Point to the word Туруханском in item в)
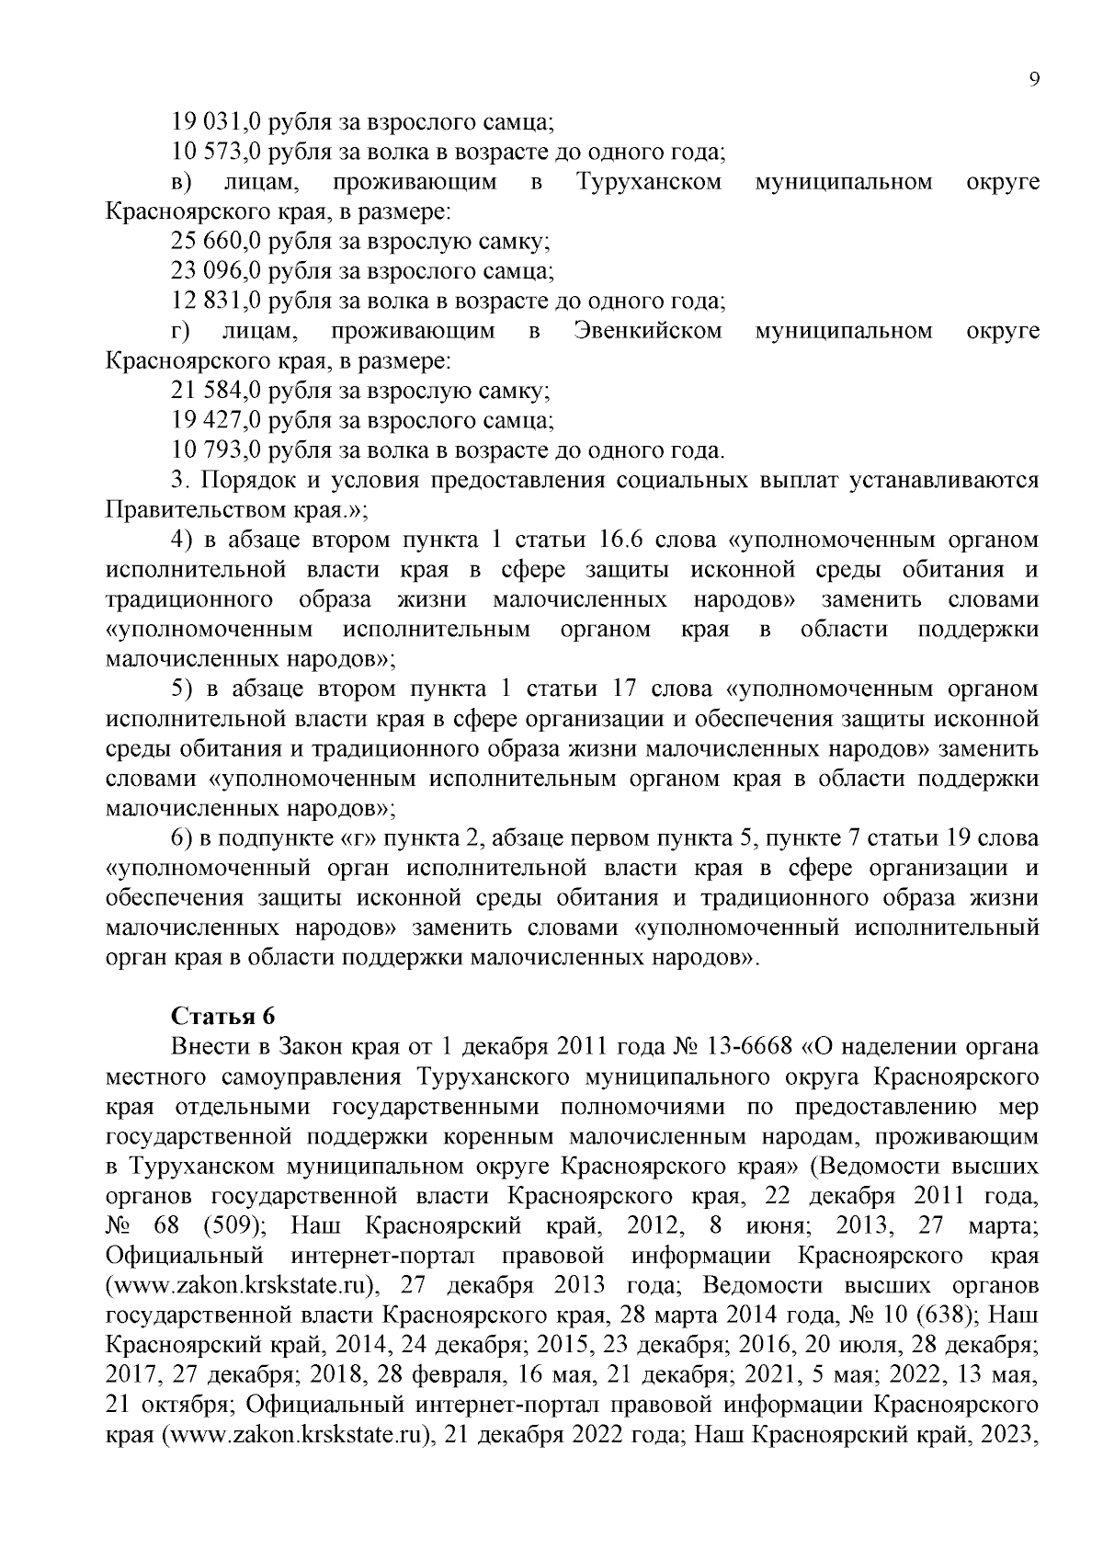(x=649, y=182)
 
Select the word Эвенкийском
(x=648, y=331)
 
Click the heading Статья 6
(x=223, y=1016)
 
